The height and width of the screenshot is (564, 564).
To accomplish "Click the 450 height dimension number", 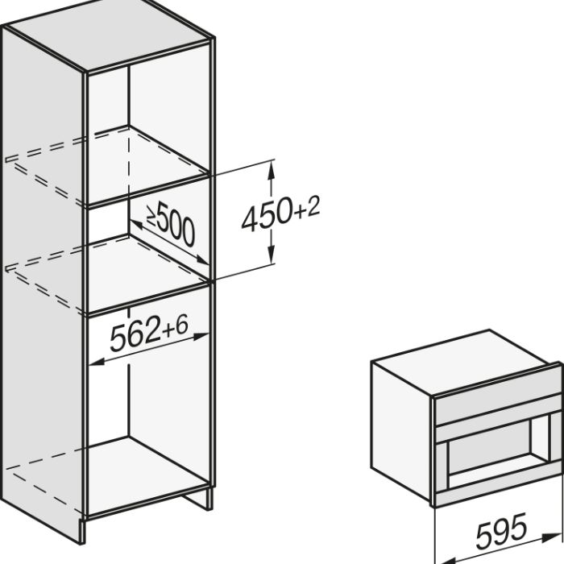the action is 266,215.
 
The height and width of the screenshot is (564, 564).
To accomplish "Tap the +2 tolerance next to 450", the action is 307,208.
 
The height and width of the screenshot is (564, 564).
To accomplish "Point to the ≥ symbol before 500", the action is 151,217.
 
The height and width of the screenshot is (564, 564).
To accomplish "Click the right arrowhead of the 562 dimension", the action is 201,336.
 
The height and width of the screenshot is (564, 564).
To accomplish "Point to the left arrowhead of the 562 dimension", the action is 97,362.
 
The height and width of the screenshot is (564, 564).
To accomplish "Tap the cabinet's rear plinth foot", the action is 197,498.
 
